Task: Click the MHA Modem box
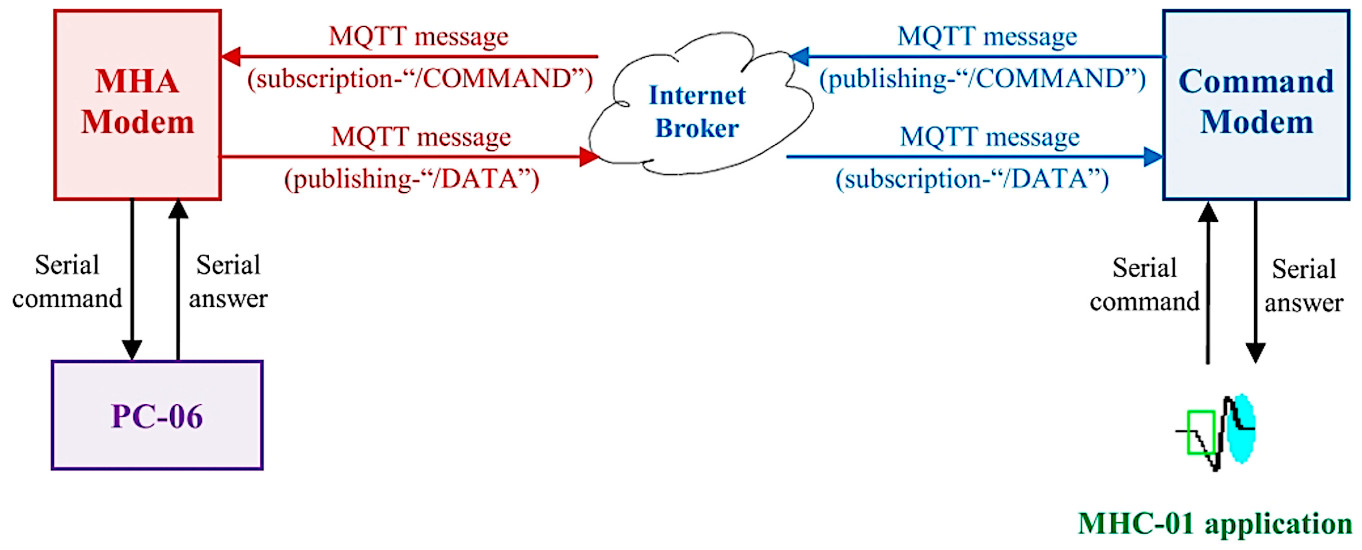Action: click(138, 104)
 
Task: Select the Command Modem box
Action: click(1256, 104)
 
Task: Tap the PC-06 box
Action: click(157, 415)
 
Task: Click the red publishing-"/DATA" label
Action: click(411, 179)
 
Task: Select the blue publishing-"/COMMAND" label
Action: click(983, 79)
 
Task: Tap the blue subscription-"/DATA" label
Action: click(972, 179)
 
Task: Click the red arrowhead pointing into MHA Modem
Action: click(232, 56)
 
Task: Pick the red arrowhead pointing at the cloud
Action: click(588, 156)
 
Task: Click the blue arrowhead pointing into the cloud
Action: click(799, 56)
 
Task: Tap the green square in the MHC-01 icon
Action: click(1200, 432)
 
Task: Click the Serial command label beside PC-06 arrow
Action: click(67, 282)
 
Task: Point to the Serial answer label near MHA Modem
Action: click(228, 282)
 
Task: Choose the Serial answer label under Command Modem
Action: click(1303, 285)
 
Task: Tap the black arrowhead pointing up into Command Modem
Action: click(1208, 212)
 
